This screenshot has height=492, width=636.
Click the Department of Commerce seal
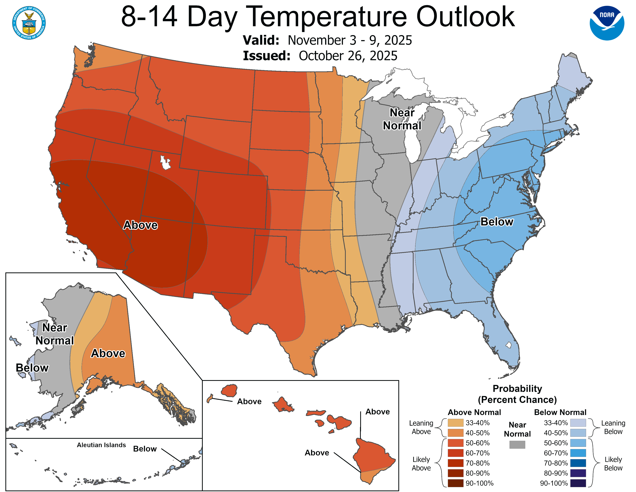click(x=29, y=23)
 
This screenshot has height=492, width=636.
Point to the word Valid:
click(x=261, y=40)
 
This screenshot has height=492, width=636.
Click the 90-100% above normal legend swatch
click(x=455, y=483)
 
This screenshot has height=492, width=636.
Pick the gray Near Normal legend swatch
click(x=517, y=445)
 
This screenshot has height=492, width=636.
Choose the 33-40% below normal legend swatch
click(x=578, y=423)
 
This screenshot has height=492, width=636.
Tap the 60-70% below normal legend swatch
click(x=578, y=453)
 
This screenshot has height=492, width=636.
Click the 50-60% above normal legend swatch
click(x=455, y=443)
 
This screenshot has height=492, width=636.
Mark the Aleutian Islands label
click(x=101, y=445)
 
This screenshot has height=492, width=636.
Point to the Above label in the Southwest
click(x=140, y=225)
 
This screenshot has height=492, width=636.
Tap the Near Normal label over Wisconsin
click(x=402, y=119)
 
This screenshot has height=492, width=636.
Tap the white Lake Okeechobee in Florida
click(x=508, y=345)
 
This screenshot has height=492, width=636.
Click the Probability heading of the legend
click(x=517, y=389)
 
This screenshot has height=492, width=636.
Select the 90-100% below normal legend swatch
click(x=578, y=483)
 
